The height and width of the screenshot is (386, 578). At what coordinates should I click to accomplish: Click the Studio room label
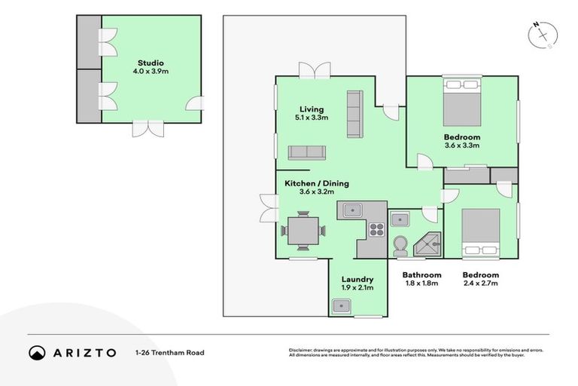[151, 63]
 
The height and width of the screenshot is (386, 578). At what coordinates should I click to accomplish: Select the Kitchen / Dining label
[316, 183]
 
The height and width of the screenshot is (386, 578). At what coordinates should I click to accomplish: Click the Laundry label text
[357, 279]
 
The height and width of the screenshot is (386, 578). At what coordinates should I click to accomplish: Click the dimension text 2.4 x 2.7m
[480, 285]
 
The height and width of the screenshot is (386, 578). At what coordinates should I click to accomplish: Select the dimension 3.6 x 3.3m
[462, 146]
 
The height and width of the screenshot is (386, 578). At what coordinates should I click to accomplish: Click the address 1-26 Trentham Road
[169, 352]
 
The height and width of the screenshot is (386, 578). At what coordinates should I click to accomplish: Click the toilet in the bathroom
[400, 244]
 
